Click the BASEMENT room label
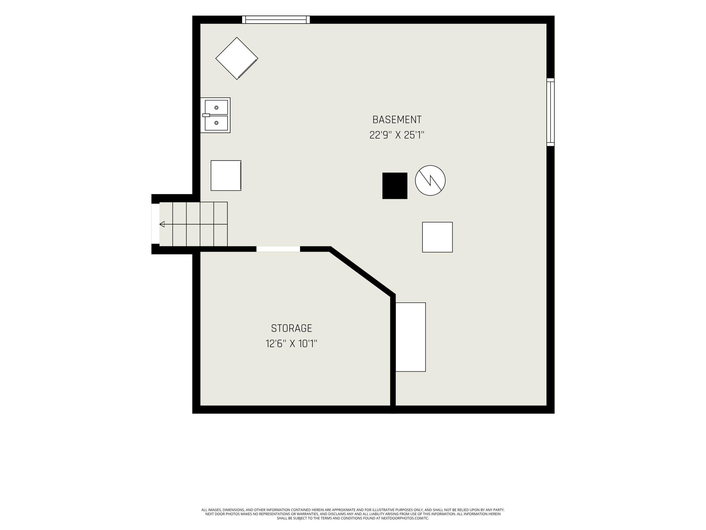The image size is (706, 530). click(397, 120)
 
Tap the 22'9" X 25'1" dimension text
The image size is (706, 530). click(397, 135)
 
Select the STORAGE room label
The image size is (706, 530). click(291, 328)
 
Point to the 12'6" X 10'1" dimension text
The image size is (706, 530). click(291, 344)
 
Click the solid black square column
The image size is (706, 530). click(395, 186)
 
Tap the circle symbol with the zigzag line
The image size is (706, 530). click(430, 180)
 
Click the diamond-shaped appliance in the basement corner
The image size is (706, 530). click(237, 58)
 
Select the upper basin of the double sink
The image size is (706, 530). click(217, 107)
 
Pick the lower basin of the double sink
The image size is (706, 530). click(217, 123)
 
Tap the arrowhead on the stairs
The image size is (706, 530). click(162, 224)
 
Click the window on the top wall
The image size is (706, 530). click(276, 20)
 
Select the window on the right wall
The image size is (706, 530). click(551, 112)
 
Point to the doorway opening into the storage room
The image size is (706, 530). click(278, 249)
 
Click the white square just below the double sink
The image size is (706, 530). click(226, 176)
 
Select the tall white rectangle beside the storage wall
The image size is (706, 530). click(411, 337)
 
